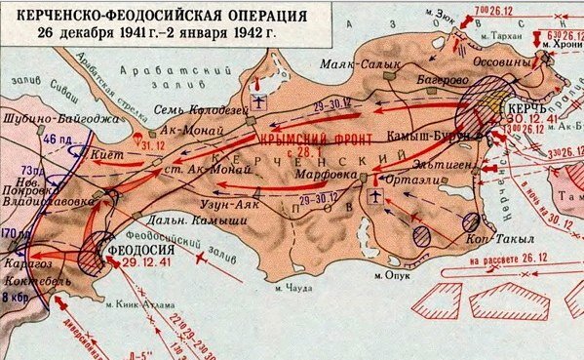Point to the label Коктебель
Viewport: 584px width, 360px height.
click(32, 276)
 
